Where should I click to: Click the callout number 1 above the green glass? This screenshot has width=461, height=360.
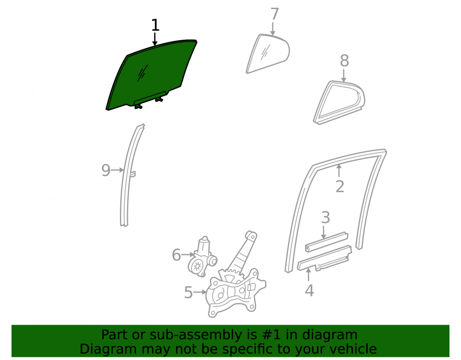155,25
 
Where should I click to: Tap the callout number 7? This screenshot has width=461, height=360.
274,14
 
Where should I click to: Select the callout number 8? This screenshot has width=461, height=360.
344,61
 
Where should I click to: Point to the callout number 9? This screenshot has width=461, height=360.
106,170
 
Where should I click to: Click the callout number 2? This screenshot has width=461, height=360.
340,187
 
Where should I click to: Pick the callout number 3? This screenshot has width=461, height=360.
325,218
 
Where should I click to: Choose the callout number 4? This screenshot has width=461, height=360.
309,290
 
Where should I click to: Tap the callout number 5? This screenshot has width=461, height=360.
189,292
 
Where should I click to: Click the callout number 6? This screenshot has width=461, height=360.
176,254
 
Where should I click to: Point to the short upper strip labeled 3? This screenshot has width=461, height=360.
326,242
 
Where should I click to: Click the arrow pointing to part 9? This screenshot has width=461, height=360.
117,170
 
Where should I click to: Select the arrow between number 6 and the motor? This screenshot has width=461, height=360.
188,254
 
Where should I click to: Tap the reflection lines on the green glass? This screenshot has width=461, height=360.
142,73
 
